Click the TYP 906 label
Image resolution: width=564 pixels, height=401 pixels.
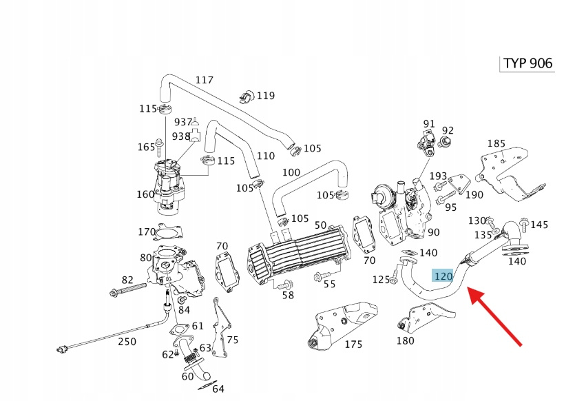coord(527,63)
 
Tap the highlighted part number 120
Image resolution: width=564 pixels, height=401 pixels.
coord(443,276)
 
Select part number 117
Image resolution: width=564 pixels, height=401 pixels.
coord(205,80)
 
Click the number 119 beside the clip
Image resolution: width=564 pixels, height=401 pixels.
coord(265,96)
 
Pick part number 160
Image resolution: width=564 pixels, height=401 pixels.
coord(145,194)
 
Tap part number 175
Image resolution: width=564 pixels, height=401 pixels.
coord(353,345)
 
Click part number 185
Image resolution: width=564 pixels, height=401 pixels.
coord(497,144)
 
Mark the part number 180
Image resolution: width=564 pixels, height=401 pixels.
coord(406,340)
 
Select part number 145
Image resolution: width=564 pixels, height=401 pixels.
coord(539,225)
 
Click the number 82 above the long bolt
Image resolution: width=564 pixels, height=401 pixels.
coord(127,280)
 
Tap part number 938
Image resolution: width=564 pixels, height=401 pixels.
coord(180,136)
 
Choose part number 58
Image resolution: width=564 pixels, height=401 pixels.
coord(287,295)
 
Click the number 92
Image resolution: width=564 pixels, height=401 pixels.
coord(448,130)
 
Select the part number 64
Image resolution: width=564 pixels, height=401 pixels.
coord(218,389)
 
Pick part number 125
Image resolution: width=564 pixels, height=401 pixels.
coord(381,279)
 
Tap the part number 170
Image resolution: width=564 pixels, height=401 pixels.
coord(147,232)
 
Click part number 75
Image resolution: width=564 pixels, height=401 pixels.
coord(232,340)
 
